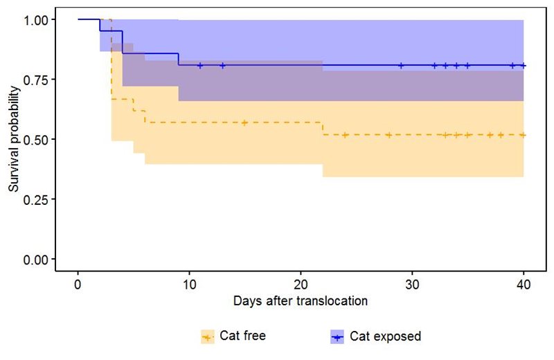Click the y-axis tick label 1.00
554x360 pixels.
(37, 19)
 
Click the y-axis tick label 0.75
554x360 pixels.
(37, 80)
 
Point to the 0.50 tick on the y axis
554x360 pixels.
(37, 139)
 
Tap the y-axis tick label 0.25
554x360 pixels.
(37, 199)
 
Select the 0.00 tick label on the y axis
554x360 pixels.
(37, 259)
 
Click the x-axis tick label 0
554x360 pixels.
(78, 285)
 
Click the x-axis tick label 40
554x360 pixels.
(524, 285)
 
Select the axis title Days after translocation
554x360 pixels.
(301, 301)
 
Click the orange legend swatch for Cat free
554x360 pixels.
(208, 336)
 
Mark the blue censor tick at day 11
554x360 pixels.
(200, 66)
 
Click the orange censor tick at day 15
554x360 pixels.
(244, 123)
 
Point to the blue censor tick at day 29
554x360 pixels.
(401, 66)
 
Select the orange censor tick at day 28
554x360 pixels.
(390, 135)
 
